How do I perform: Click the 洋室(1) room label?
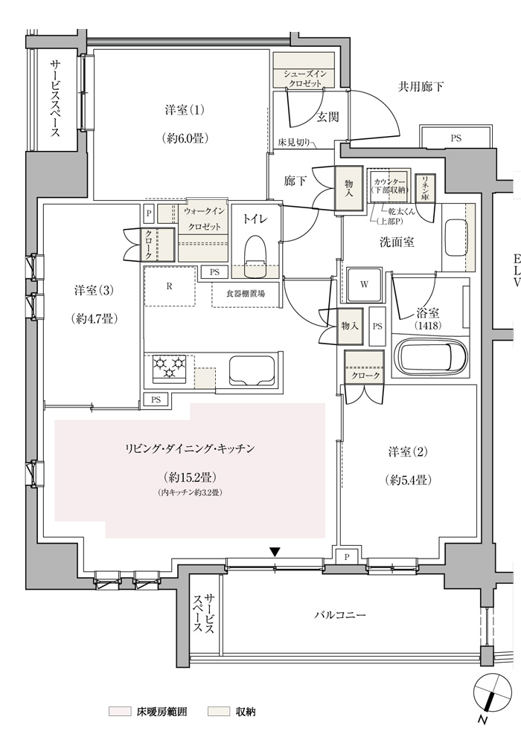point(185,111)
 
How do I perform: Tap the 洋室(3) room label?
point(94,291)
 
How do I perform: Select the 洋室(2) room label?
point(408,452)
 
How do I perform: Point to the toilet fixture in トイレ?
point(255,257)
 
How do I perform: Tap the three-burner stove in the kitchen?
point(169,367)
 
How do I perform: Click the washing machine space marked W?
point(365,285)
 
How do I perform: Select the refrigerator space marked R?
point(169,286)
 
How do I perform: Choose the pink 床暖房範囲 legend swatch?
point(119,711)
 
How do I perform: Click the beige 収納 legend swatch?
point(219,711)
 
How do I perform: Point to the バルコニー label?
point(340,615)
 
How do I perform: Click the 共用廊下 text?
point(421,87)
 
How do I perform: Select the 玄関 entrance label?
point(327,117)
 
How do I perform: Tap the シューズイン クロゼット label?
point(304,79)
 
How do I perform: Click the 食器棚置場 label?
point(246,293)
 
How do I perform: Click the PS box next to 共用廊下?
point(456,138)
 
